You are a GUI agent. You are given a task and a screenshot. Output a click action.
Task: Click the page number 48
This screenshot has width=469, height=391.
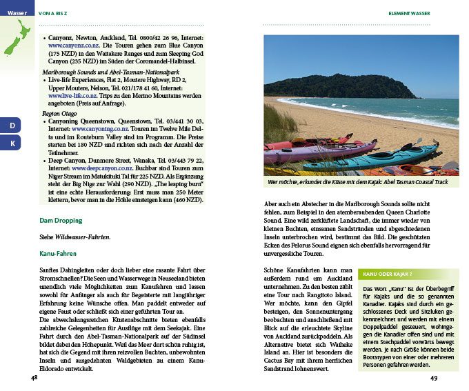34,377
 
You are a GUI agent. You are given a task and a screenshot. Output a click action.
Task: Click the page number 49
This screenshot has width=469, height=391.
434,377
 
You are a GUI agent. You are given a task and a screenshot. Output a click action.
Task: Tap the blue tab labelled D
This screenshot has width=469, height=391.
12,126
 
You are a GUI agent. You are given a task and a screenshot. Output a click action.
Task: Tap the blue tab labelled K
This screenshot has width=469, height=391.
12,143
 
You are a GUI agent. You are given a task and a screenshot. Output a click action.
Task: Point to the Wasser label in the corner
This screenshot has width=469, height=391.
17,13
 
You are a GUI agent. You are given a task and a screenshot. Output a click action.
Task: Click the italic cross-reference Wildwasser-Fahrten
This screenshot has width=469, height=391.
84,237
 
